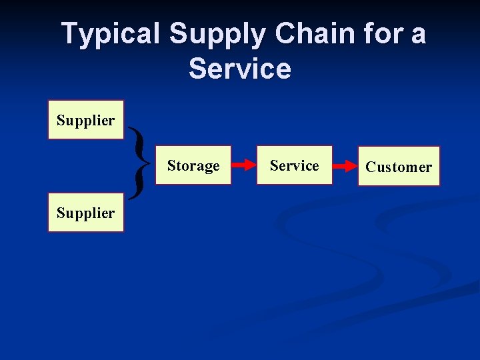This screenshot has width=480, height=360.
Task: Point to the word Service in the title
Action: point(240,69)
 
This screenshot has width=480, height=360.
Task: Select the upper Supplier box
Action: point(86,120)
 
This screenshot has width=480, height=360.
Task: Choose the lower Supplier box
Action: point(86,213)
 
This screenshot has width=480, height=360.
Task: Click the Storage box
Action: point(193,165)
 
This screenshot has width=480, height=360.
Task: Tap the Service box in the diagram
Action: point(294,165)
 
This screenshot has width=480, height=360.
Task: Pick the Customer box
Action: point(399,166)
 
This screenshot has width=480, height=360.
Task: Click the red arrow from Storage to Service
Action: point(243,165)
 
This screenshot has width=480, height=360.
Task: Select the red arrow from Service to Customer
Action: point(345,166)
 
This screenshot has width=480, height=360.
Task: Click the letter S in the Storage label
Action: point(171,165)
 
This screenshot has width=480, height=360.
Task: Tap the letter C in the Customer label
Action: point(370,167)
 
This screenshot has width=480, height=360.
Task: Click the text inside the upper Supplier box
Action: point(86,121)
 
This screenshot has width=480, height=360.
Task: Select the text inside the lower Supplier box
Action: point(86,213)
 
